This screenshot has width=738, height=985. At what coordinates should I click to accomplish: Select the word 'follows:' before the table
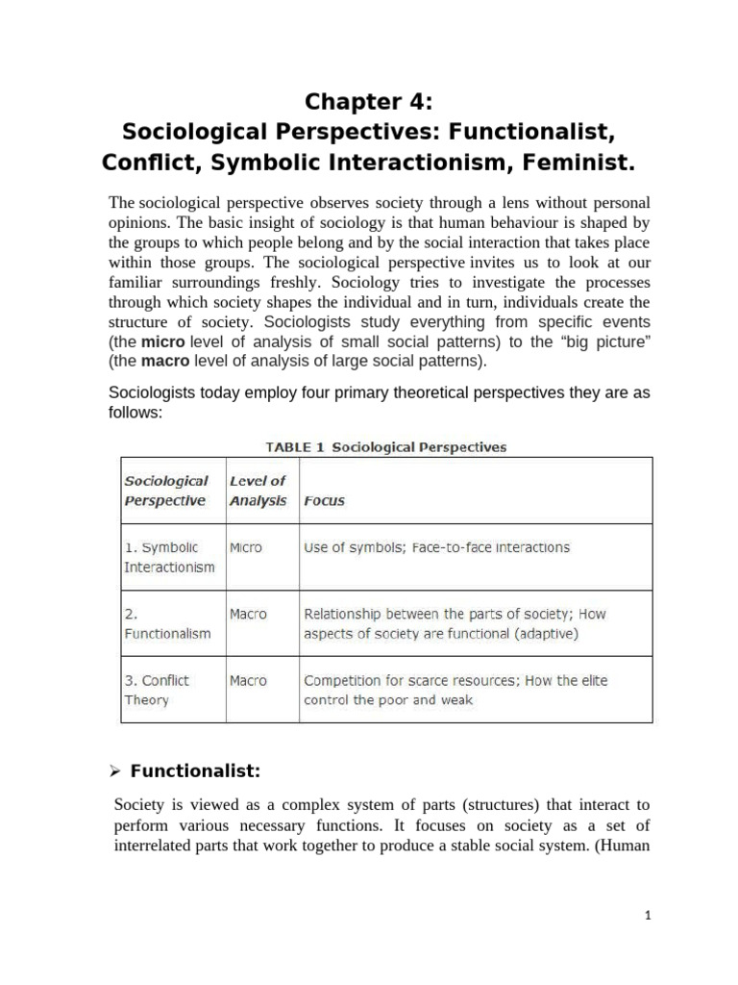[x=136, y=412]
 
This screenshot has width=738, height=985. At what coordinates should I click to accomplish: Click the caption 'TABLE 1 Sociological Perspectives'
[x=385, y=446]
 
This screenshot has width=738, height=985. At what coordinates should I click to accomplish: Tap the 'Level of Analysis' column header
[x=258, y=491]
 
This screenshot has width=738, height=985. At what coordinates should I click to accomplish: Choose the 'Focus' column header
[x=324, y=501]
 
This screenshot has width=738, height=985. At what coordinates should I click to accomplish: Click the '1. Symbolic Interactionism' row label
[x=169, y=557]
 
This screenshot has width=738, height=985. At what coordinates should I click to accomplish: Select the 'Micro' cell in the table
[x=246, y=547]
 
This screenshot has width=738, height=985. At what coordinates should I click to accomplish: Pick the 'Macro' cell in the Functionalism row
[x=248, y=614]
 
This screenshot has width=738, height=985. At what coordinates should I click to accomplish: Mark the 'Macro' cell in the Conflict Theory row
[x=248, y=680]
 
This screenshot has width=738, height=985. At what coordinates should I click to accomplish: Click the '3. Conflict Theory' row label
[x=157, y=690]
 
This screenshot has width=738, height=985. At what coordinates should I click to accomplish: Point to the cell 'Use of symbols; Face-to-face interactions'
[x=436, y=547]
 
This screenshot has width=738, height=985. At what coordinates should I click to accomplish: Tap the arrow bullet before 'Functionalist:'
[x=114, y=770]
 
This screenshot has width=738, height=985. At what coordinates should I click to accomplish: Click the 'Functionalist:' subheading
[x=195, y=770]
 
